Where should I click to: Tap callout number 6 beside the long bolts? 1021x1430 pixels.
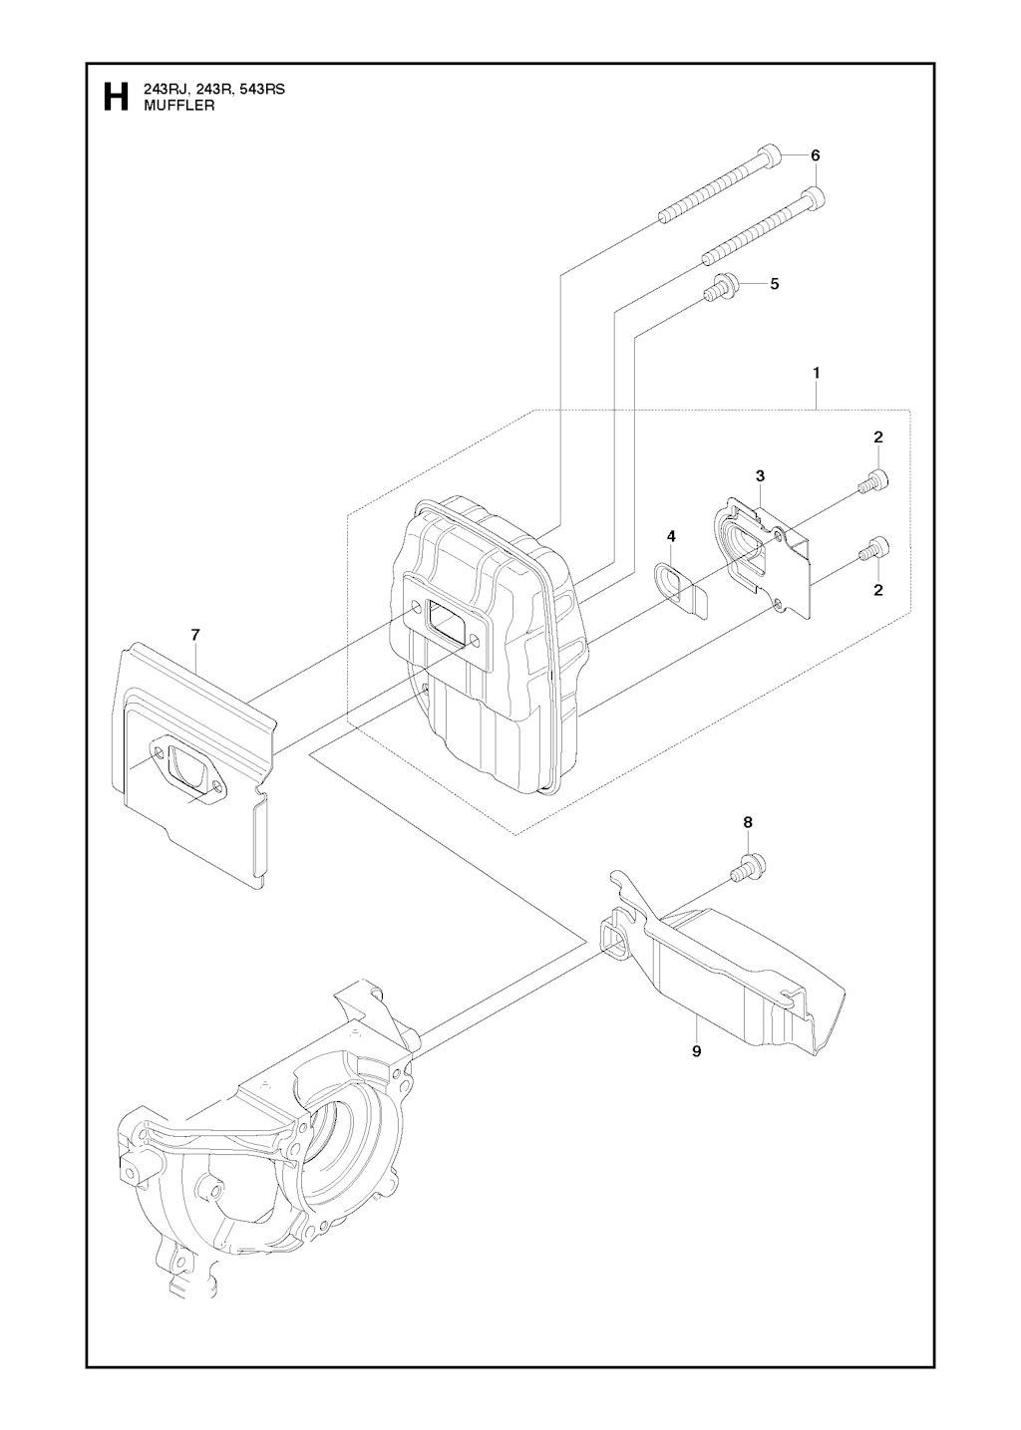[815, 155]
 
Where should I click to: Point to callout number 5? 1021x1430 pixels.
[775, 283]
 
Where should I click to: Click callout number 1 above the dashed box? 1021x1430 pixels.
[817, 372]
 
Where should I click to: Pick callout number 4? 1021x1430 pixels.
[672, 536]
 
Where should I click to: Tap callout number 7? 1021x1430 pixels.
[195, 634]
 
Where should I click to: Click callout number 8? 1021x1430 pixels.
[748, 822]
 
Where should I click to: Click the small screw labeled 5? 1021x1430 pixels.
[720, 288]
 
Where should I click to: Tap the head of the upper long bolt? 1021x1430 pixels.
[770, 157]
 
